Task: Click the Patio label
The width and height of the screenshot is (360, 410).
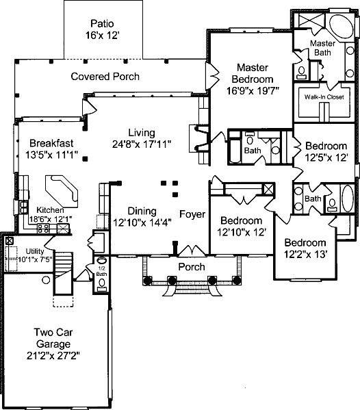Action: click(102, 23)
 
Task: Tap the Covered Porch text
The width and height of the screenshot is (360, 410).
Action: click(105, 77)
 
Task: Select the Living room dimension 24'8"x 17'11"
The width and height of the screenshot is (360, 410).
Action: click(142, 144)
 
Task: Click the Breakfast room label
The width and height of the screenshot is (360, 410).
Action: click(51, 143)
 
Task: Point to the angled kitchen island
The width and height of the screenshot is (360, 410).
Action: click(62, 192)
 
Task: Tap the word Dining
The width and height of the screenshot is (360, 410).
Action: click(142, 211)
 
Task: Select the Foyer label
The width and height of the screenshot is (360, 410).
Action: click(192, 214)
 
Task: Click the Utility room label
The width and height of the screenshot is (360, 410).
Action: click(35, 251)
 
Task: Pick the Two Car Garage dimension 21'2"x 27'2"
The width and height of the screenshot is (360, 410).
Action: click(53, 356)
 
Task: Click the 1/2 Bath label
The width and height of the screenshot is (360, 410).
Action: click(101, 271)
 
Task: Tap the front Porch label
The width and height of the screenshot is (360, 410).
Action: click(192, 267)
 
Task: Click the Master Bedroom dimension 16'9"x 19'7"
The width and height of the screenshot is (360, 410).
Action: click(253, 91)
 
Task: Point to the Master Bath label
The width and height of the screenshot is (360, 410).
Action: click(322, 48)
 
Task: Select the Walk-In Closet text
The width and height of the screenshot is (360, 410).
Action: click(324, 97)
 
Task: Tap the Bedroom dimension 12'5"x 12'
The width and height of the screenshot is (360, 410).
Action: click(326, 157)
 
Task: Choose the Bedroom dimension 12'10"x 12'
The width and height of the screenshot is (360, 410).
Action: click(242, 232)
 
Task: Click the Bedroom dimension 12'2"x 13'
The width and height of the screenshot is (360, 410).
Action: click(306, 254)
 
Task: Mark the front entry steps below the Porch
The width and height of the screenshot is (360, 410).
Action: click(192, 290)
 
